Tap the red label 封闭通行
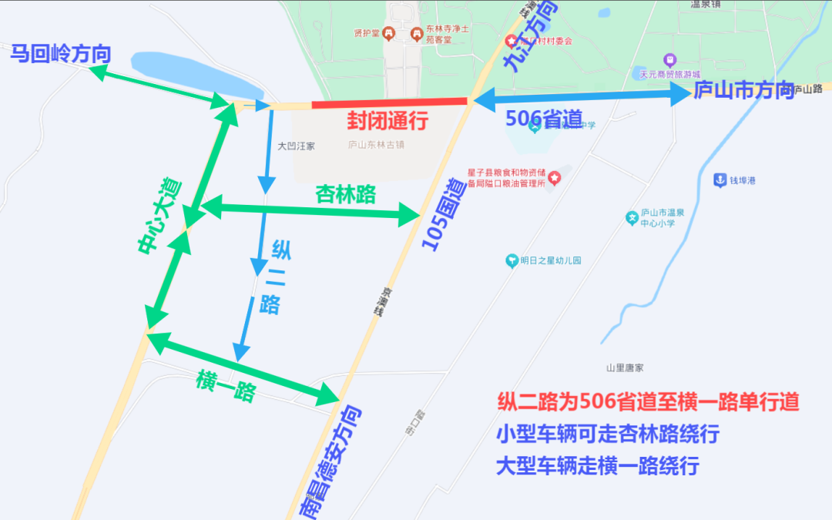coord(387,122)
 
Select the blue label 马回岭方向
coord(60,55)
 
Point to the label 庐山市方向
coord(743,91)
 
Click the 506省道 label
coord(544,118)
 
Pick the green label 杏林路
coord(346,195)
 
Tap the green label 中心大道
coord(159,216)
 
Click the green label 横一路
coord(226,384)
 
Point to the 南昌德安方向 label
coord(331,461)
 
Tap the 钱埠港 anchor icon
coord(720,179)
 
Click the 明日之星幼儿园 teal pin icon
coord(511,261)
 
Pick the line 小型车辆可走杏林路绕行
coord(608,434)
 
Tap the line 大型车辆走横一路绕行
coord(597,466)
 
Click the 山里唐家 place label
coord(625,368)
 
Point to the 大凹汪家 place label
coord(296,146)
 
